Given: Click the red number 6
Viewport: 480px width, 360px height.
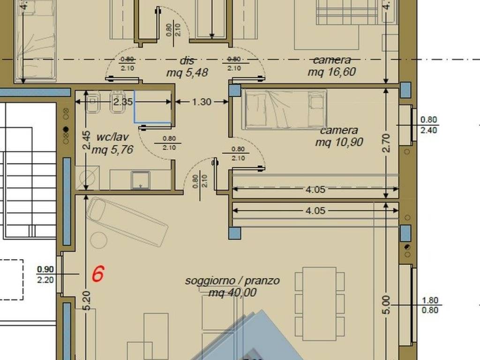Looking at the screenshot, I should (x=97, y=273).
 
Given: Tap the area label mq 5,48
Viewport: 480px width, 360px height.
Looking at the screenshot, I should (x=187, y=73).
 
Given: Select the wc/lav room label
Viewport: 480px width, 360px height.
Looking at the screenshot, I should (x=112, y=137).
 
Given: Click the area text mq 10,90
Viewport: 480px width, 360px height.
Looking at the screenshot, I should (x=339, y=142).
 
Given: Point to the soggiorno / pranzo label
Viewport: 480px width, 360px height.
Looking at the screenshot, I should (x=232, y=281).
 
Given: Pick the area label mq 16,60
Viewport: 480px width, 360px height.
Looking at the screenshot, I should (x=331, y=72).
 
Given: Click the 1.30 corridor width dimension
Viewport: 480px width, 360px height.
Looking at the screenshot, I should (x=202, y=102).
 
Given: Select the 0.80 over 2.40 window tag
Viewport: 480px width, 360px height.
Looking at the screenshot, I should (x=428, y=125).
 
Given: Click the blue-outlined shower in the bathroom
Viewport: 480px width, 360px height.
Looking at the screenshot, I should (x=153, y=106).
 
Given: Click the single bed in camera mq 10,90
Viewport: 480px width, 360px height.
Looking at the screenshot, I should (x=284, y=110).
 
